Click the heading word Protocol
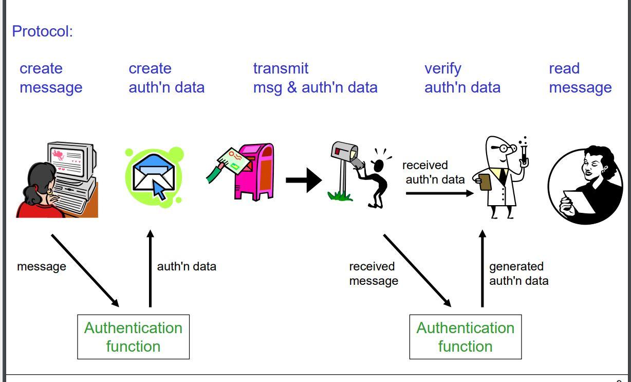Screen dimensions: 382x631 point(42,31)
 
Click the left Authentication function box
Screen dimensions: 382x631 point(133,337)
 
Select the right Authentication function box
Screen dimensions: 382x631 point(465,337)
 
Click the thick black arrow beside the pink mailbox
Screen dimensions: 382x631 point(303,180)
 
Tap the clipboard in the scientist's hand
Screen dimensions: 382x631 point(485,181)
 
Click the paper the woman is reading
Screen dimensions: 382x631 point(578,201)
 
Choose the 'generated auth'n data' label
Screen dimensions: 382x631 point(518,274)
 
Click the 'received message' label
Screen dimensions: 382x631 point(373,274)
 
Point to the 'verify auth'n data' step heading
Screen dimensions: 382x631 point(462,78)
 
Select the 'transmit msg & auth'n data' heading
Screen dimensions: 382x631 point(315,78)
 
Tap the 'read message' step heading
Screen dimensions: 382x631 point(580,78)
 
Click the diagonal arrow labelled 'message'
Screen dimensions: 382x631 point(85,270)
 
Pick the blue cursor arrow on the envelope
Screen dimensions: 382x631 point(159,191)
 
